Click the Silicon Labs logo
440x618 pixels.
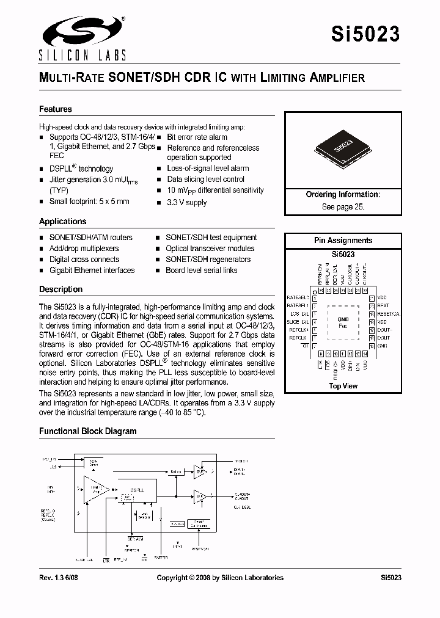click(x=82, y=38)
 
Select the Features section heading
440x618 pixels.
click(x=56, y=109)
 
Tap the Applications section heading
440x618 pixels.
click(x=63, y=222)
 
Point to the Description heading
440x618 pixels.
click(x=61, y=289)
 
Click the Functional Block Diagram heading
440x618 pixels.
click(x=88, y=431)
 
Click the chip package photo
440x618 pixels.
click(x=343, y=148)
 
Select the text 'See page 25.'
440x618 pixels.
click(x=343, y=206)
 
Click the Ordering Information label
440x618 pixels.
click(x=343, y=195)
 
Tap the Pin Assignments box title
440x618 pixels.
click(x=343, y=241)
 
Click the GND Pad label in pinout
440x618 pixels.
click(x=343, y=322)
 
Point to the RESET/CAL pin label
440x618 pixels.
click(x=389, y=313)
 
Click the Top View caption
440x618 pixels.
click(x=343, y=386)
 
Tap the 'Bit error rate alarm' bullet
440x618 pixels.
click(x=197, y=137)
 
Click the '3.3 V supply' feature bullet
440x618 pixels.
click(x=187, y=202)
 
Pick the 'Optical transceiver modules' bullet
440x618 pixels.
click(x=210, y=249)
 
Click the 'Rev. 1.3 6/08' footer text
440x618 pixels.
click(x=62, y=578)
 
